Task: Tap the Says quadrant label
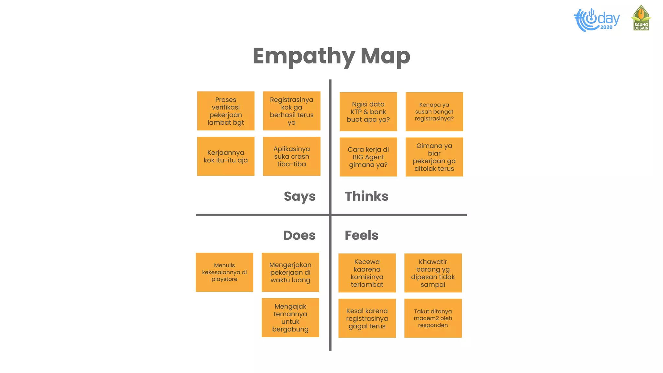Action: [x=299, y=197]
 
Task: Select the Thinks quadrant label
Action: [x=366, y=196]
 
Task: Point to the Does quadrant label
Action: [x=299, y=235]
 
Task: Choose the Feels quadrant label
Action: [x=361, y=235]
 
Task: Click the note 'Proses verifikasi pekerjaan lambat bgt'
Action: [x=226, y=111]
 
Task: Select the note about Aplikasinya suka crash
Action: [x=291, y=156]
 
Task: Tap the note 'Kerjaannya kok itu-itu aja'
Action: [x=226, y=156]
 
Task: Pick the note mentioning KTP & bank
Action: [x=368, y=112]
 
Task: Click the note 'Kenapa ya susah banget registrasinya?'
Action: [x=434, y=112]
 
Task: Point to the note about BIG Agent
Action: [x=368, y=157]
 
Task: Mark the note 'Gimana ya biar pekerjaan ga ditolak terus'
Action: [x=434, y=157]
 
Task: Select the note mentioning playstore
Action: [x=224, y=272]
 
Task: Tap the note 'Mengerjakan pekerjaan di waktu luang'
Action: [x=290, y=272]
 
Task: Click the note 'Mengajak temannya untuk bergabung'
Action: [x=290, y=318]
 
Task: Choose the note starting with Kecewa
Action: [x=367, y=273]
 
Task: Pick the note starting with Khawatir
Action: [x=433, y=273]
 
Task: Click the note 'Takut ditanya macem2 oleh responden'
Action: [x=433, y=318]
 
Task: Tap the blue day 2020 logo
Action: [x=596, y=20]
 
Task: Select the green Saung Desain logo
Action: [x=641, y=18]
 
